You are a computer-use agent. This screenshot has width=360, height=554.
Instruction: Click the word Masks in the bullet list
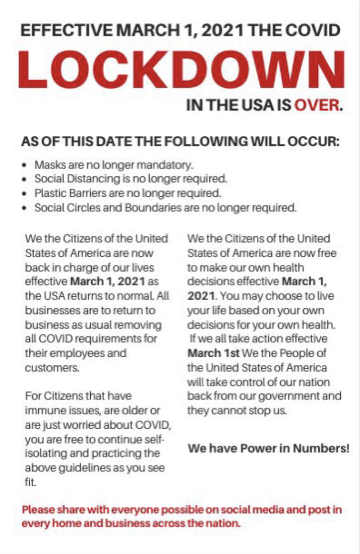coord(47,165)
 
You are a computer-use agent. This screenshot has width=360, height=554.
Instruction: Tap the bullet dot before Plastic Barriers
coord(24,194)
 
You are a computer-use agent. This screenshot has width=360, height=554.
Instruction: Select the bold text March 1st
coord(213,353)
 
